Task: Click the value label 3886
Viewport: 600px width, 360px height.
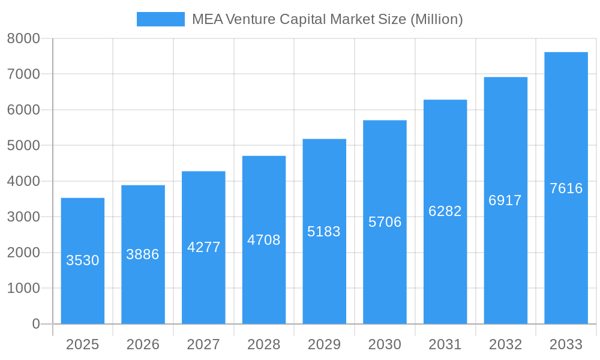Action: (x=143, y=254)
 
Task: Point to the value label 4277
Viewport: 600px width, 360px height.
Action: (x=204, y=247)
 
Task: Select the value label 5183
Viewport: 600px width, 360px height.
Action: (x=324, y=232)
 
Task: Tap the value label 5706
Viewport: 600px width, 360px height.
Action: (x=385, y=222)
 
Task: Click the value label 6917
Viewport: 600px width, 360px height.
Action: (x=505, y=200)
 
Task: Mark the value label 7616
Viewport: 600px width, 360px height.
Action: (x=566, y=188)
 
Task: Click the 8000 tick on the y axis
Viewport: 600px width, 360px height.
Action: (x=23, y=38)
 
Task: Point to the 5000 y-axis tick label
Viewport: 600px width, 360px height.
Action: (x=23, y=146)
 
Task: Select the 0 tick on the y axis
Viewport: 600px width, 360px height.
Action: (x=35, y=324)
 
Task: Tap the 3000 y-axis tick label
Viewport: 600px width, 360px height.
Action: (x=23, y=217)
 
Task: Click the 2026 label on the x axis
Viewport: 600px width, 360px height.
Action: (x=143, y=344)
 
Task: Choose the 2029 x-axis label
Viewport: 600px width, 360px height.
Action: (x=324, y=344)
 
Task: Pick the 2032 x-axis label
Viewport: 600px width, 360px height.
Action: (x=505, y=344)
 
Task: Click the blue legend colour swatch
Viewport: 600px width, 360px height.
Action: (x=160, y=19)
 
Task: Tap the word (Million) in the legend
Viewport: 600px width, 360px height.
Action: (x=436, y=19)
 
